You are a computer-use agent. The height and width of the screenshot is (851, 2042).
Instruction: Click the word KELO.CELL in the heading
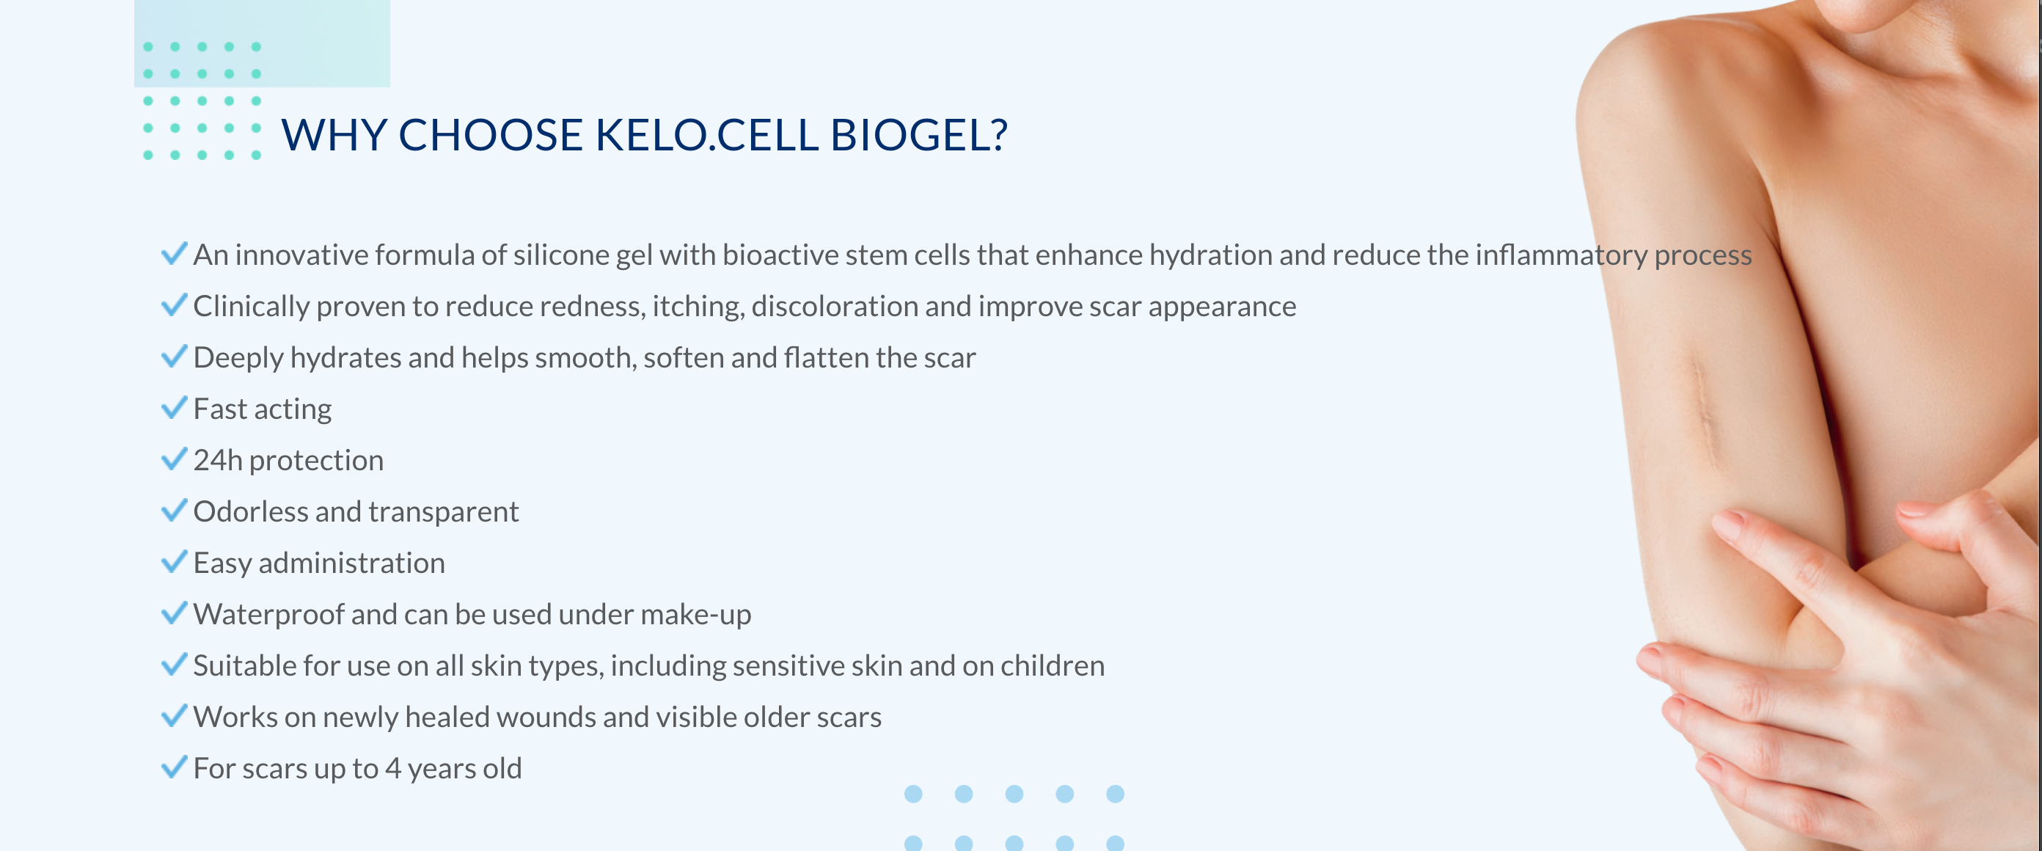click(706, 135)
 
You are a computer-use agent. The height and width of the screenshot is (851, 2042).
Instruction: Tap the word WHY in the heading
click(334, 135)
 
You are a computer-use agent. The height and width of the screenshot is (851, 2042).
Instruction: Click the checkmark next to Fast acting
click(174, 408)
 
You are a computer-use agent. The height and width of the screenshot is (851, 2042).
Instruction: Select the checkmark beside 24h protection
click(174, 459)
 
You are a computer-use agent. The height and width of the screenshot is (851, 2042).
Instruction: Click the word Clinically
click(252, 306)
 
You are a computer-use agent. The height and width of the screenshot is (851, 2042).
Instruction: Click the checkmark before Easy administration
click(174, 561)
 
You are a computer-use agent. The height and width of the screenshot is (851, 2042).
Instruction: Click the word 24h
click(217, 460)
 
